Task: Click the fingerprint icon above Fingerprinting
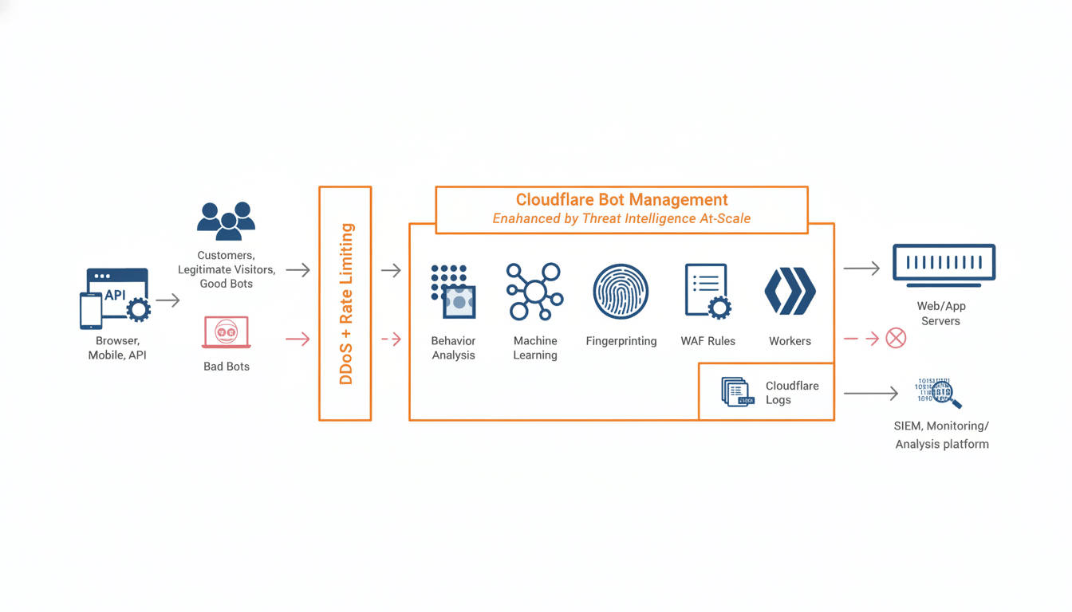click(621, 292)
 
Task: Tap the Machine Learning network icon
click(534, 292)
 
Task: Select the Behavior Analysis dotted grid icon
click(453, 292)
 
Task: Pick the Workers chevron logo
click(790, 292)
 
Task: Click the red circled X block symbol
click(896, 338)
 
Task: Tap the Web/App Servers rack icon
click(944, 263)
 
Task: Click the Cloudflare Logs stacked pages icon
click(737, 392)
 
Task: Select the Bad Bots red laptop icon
click(227, 332)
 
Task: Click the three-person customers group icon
click(227, 221)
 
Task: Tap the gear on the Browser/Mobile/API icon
click(139, 310)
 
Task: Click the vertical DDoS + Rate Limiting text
click(345, 304)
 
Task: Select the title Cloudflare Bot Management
click(621, 199)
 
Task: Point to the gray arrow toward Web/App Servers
click(861, 269)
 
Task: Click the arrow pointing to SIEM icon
click(870, 393)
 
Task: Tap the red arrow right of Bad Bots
click(297, 339)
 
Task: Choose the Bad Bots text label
click(227, 367)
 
